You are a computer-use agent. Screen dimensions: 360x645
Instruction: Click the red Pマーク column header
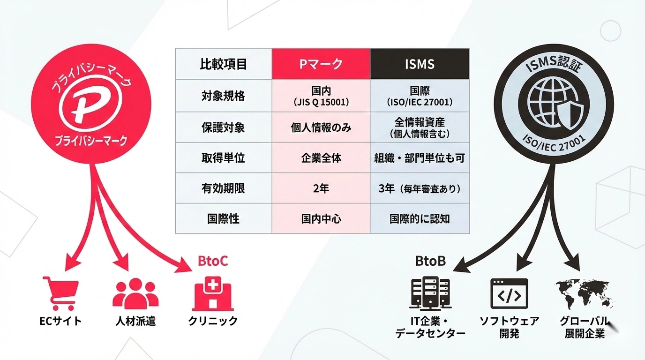click(321, 64)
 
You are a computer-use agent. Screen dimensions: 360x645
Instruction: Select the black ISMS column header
click(420, 64)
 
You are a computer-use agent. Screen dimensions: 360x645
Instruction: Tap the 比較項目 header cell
click(224, 64)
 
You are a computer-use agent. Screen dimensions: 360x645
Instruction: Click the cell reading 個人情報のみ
click(321, 127)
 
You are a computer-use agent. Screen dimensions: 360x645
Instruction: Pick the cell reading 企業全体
click(321, 158)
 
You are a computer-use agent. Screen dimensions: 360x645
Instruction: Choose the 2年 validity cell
click(321, 188)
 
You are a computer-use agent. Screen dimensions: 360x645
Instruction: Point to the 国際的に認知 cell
click(420, 218)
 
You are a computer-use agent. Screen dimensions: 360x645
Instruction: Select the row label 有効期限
click(224, 188)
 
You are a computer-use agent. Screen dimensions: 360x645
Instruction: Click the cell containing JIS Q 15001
click(321, 96)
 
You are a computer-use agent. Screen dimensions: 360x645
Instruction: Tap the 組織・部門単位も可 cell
click(420, 158)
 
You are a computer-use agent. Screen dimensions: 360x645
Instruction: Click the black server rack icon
click(430, 293)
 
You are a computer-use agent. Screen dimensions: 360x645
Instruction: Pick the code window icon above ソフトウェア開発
click(509, 293)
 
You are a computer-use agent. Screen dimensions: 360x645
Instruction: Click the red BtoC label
click(212, 261)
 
